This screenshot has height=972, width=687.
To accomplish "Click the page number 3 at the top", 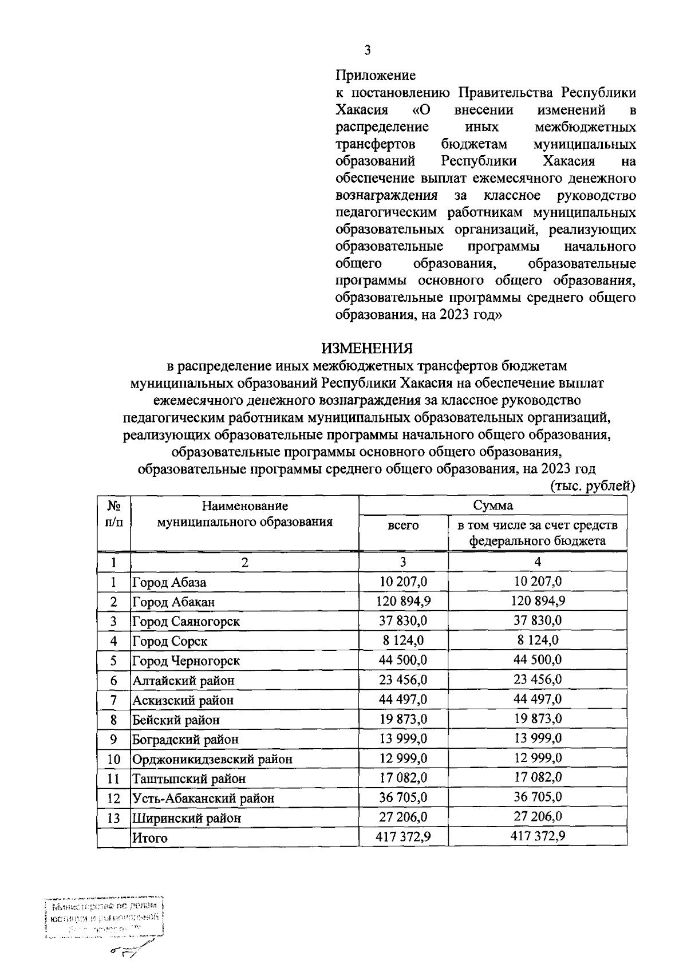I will (x=368, y=50).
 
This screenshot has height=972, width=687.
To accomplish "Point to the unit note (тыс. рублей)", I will (x=593, y=486).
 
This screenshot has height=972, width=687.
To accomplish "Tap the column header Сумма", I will (x=492, y=505).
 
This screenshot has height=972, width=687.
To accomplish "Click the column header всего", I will (x=403, y=525).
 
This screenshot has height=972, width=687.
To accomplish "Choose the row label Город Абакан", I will (x=173, y=602).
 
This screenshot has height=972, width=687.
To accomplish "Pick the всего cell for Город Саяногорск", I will (x=403, y=621).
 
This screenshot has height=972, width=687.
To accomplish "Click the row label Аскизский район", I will (x=183, y=700).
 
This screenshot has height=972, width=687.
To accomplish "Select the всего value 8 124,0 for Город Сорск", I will (x=403, y=641).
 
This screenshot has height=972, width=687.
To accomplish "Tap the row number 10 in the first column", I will (x=114, y=759).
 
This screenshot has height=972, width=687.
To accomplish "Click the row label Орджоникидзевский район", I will (x=212, y=759).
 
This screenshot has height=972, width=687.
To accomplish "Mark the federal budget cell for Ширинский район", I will (x=538, y=817).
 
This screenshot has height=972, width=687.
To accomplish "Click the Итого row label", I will (x=150, y=838).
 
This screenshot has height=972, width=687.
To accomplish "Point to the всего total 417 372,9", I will (x=403, y=837).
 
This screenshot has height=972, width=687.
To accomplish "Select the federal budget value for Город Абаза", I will (x=538, y=582).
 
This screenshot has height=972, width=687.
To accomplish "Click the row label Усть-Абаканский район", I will (x=203, y=798).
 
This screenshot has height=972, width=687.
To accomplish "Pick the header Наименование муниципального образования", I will (x=244, y=514).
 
